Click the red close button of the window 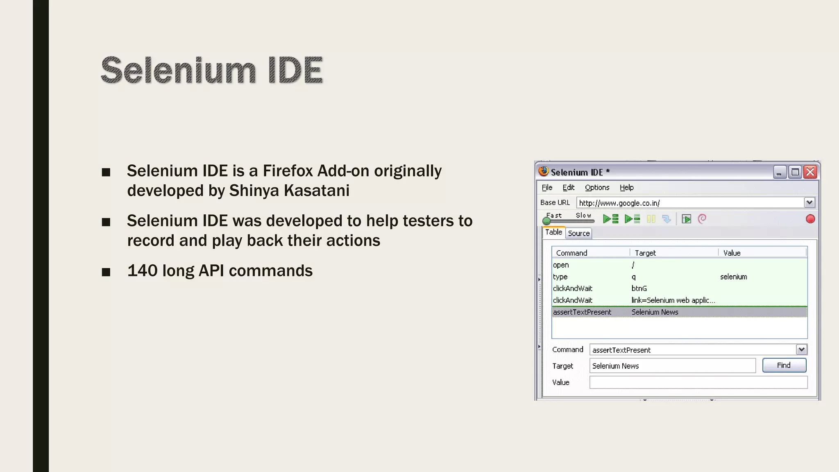pyautogui.click(x=810, y=172)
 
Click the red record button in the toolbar pyautogui.click(x=810, y=219)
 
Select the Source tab pyautogui.click(x=578, y=234)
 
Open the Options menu pyautogui.click(x=597, y=188)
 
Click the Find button pyautogui.click(x=784, y=365)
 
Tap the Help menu pyautogui.click(x=626, y=188)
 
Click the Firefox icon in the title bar pyautogui.click(x=544, y=171)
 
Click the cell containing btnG pyautogui.click(x=639, y=288)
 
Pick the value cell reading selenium pyautogui.click(x=733, y=277)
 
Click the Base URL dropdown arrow pyautogui.click(x=809, y=202)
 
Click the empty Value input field pyautogui.click(x=698, y=383)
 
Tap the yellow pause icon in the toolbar pyautogui.click(x=651, y=219)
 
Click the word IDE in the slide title pyautogui.click(x=295, y=70)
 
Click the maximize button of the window pyautogui.click(x=795, y=172)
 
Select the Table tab pyautogui.click(x=553, y=232)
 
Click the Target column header pyautogui.click(x=645, y=253)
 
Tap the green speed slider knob pyautogui.click(x=546, y=221)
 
